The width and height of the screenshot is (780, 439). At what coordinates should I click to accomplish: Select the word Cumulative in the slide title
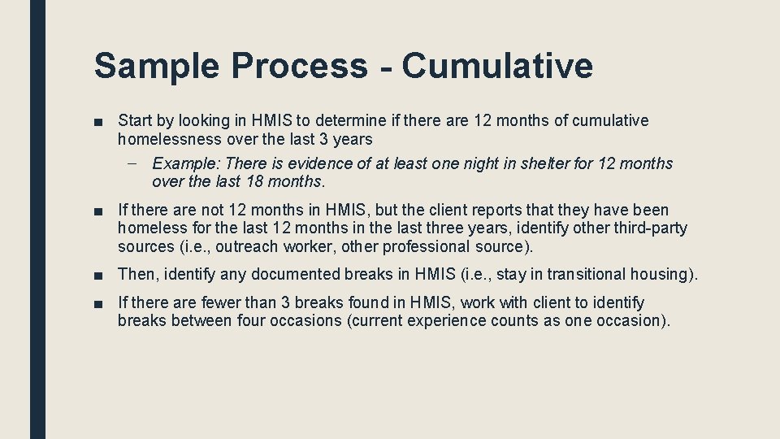coord(496,65)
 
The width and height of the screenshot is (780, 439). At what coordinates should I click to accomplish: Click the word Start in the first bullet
coord(135,121)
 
